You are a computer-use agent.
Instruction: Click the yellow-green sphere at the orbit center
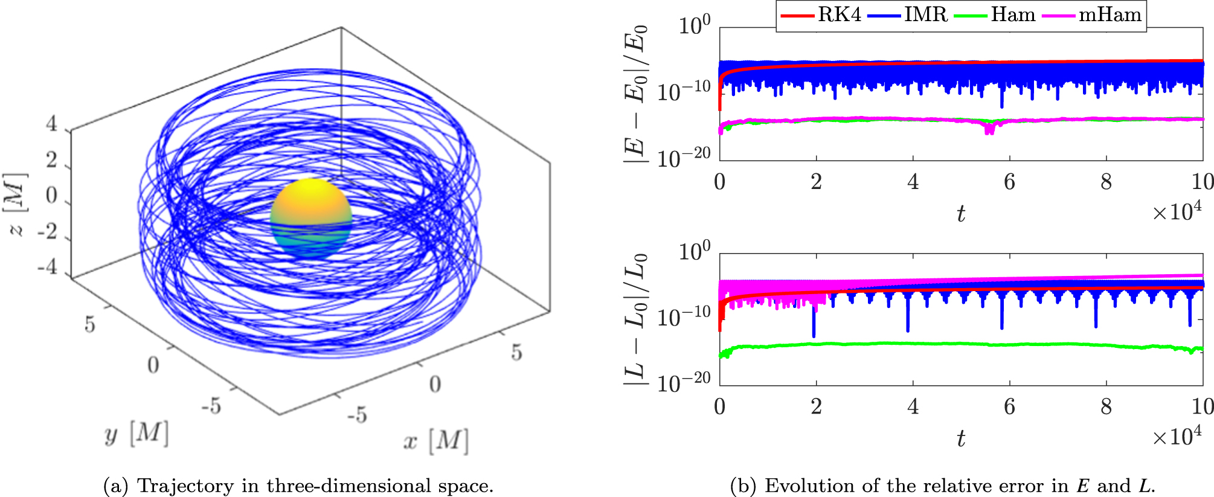(310, 217)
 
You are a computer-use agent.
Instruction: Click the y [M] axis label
(136, 434)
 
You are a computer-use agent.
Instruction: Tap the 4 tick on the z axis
(52, 124)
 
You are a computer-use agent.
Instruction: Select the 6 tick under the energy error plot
(1009, 182)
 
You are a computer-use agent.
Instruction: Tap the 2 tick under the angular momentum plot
(816, 406)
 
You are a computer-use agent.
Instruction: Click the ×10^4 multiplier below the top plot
(1177, 212)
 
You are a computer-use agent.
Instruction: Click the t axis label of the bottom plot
(960, 438)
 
